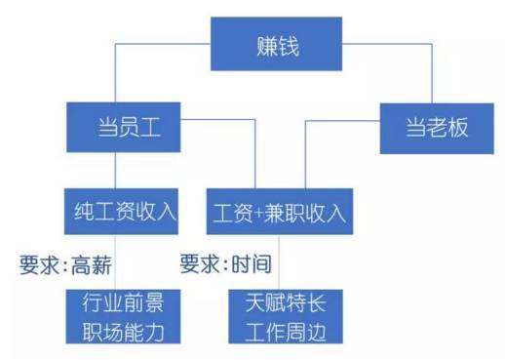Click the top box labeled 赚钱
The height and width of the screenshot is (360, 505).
(x=278, y=45)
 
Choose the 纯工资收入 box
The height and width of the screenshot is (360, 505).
(x=121, y=211)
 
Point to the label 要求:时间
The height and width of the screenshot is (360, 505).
(x=225, y=264)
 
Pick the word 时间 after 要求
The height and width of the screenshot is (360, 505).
(x=250, y=264)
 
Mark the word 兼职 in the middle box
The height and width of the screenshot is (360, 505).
(x=288, y=211)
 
